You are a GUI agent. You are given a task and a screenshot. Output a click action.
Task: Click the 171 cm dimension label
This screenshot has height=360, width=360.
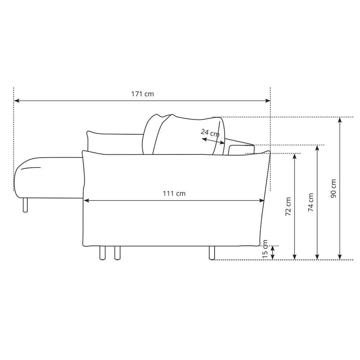[x=142, y=94]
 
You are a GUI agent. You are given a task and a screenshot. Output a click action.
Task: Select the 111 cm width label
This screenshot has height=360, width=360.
[x=174, y=194]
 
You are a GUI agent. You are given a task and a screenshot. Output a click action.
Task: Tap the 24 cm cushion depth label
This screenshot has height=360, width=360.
[x=210, y=133]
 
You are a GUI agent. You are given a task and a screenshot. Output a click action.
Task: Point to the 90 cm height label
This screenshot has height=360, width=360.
[x=333, y=188]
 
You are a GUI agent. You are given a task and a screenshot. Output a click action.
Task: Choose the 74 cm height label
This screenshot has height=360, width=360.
[x=311, y=202]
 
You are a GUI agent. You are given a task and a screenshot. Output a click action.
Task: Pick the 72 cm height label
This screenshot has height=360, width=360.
[x=288, y=206]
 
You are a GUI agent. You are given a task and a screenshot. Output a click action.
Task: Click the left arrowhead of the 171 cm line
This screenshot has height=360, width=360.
[x=17, y=100]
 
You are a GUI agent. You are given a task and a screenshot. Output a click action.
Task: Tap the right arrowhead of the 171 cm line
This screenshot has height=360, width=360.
[x=268, y=100]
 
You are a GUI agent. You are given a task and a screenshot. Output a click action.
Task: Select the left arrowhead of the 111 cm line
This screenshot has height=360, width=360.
[x=86, y=201]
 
